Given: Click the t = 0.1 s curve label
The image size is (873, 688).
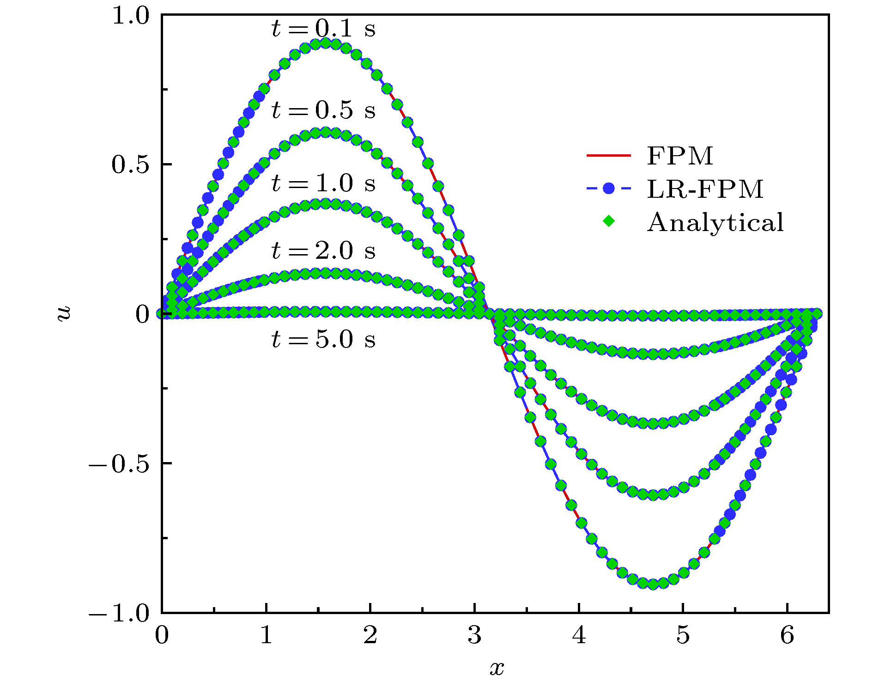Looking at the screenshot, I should click(323, 29).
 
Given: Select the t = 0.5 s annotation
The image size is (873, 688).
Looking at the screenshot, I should click(323, 110).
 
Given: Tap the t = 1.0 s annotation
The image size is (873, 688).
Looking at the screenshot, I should click(323, 183).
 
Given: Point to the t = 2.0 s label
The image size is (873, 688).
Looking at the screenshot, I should click(323, 250).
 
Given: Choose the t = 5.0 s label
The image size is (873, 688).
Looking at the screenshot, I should click(323, 339).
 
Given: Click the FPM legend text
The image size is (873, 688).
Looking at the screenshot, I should click(680, 156).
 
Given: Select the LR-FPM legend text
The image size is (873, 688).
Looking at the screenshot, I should click(705, 189).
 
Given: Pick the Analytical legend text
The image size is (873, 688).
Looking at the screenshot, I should click(715, 222).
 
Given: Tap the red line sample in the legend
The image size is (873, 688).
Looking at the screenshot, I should click(609, 156).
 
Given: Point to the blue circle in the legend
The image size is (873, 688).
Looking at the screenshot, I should click(609, 189).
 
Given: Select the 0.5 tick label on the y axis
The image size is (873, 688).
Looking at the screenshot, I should click(131, 165).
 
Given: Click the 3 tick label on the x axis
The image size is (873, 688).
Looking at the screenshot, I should click(474, 635).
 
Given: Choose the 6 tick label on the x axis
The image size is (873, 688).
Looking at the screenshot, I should click(787, 635).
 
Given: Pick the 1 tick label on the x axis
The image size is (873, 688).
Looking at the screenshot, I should click(266, 635).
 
